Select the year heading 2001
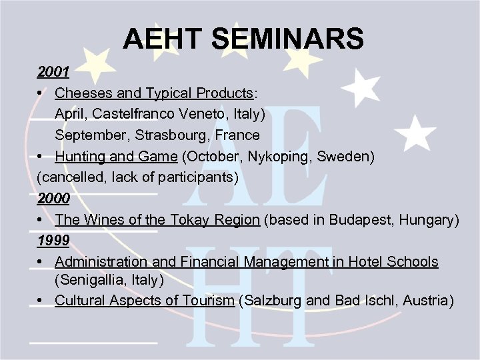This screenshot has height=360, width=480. click(x=53, y=72)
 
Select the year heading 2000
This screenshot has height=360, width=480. click(x=53, y=199)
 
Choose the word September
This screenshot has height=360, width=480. click(x=88, y=135)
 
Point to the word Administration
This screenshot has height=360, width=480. click(x=97, y=262)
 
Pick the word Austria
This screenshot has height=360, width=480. click(x=427, y=301)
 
